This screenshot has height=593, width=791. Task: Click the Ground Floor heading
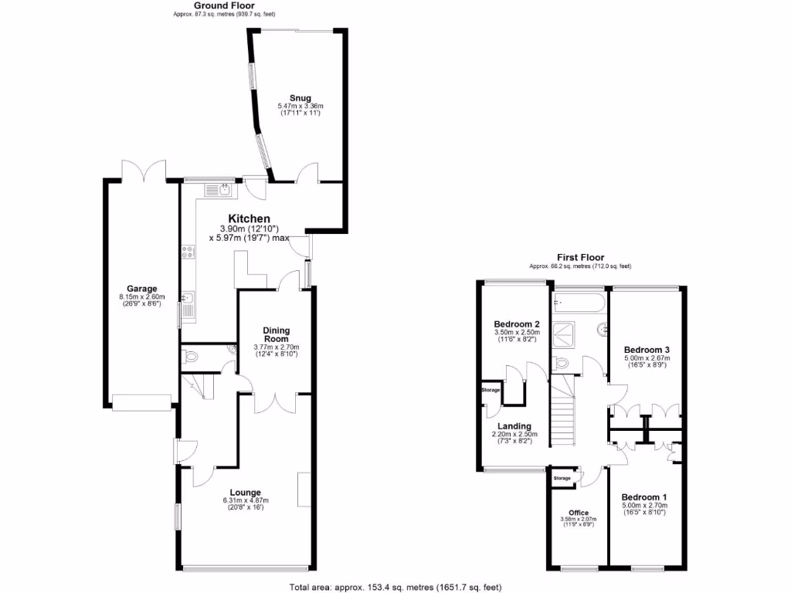[224, 5]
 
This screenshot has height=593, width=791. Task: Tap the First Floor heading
[580, 257]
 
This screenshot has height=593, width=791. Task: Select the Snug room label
[300, 98]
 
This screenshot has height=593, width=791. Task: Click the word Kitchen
[249, 219]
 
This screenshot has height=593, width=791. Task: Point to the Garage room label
[141, 289]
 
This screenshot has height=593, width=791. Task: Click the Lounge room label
[246, 492]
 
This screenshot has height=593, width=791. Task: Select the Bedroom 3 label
[646, 349]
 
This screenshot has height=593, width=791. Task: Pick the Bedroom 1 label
[644, 496]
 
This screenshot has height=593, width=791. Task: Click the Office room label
[579, 512]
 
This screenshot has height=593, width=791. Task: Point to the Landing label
[514, 426]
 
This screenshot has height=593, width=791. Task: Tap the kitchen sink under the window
[216, 188]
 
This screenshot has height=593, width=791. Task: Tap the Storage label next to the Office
[562, 479]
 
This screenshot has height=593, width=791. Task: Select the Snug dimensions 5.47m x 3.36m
[300, 106]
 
